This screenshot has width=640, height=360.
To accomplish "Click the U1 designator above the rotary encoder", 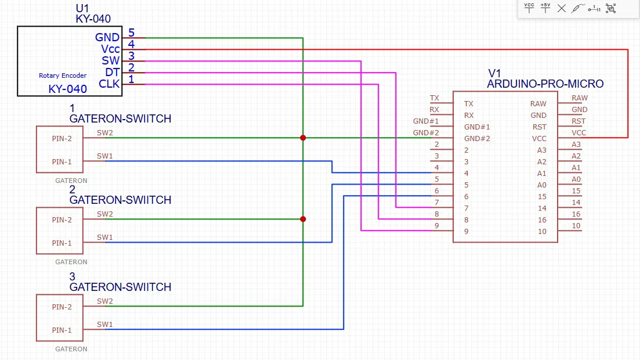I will coord(84,9).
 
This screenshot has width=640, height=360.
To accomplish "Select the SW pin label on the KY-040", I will coord(110,60).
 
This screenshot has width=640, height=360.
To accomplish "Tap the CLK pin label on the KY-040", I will coord(109,84).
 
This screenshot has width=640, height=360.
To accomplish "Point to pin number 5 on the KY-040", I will coord(131,33).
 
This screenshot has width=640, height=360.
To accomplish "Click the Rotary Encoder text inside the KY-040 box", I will coord(63,75).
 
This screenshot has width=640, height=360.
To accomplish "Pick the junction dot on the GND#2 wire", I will coord(303,138).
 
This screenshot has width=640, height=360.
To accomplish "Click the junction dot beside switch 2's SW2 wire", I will coord(303,219).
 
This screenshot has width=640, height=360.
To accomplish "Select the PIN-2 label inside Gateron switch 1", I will coord(62,138).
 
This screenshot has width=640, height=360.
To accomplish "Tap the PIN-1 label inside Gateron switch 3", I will coord(62,330).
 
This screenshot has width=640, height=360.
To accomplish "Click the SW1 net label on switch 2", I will coord(105,237).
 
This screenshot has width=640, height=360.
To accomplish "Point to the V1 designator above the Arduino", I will coord(494,73).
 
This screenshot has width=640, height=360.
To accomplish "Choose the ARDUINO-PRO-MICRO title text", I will coord(545,84).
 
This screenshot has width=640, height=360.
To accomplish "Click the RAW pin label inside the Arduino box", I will coord(538,103).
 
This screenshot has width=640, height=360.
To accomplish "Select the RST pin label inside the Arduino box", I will coord(539,127).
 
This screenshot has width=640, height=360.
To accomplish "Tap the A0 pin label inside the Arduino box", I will coord(541,185).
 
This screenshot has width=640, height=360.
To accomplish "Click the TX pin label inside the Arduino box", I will coord(469,103).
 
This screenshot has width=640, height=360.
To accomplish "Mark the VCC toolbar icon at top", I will coord(529,8).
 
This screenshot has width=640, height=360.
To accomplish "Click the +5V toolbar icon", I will coord(545,8).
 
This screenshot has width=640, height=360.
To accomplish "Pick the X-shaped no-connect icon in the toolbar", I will coord(561,8).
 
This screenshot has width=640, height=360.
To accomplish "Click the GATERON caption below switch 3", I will coord(71,349).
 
